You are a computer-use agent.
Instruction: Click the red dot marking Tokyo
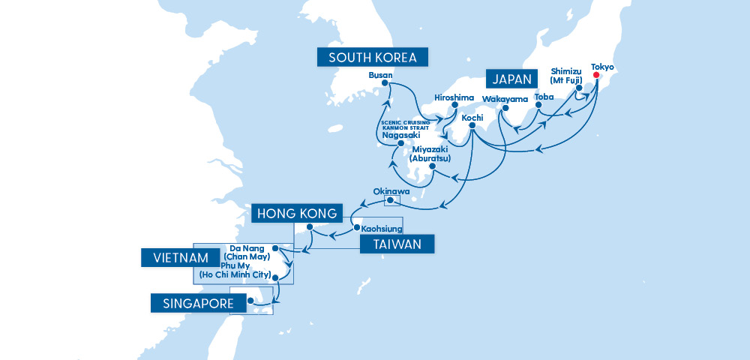tap(597, 76)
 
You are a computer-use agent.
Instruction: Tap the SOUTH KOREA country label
tap(372, 58)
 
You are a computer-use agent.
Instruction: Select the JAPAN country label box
tap(513, 79)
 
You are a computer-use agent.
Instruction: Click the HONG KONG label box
tap(298, 213)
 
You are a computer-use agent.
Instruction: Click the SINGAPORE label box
tap(199, 303)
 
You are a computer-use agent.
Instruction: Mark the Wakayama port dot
tap(505, 107)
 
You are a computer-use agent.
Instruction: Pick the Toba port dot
tap(539, 106)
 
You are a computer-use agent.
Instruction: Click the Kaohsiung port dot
tap(356, 225)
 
